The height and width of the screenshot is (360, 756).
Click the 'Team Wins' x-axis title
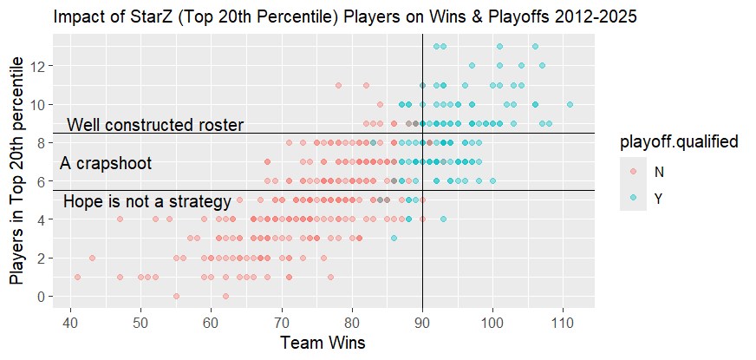coord(323,343)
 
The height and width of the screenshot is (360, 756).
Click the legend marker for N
coord(633,172)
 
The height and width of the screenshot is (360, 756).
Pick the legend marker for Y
coord(633,199)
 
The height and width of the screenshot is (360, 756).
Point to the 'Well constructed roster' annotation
coord(155,125)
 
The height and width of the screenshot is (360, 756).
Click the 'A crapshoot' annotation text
coord(106,163)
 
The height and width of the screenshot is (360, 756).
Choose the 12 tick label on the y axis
coord(42,66)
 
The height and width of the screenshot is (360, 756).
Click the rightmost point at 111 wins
coord(570,104)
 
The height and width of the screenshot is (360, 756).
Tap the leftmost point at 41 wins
coord(77,277)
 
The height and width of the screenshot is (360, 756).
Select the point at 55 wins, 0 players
coord(176,296)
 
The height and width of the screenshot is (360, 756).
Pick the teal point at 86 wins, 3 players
coord(394,238)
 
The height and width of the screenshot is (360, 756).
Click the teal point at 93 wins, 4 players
coord(443,219)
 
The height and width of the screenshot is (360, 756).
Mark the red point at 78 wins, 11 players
coord(338,85)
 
